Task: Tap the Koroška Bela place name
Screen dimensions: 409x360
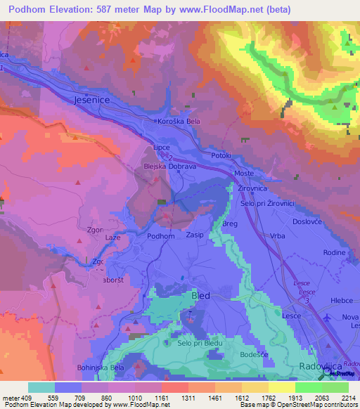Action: (x=182, y=121)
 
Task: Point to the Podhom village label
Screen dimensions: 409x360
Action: (x=161, y=237)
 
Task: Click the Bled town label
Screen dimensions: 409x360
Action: (x=201, y=297)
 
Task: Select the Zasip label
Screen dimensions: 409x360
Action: (x=195, y=236)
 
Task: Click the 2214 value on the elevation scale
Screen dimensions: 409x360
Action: (x=349, y=397)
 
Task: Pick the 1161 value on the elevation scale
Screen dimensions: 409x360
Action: (x=162, y=397)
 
